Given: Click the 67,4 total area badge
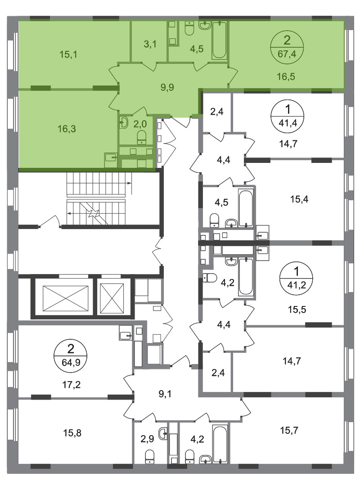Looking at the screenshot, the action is (x=287, y=47).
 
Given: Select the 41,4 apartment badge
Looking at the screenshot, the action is (x=288, y=116).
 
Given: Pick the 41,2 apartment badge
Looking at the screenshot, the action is (x=296, y=278).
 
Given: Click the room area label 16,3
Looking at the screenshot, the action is (x=67, y=128).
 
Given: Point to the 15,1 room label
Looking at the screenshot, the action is (x=68, y=54).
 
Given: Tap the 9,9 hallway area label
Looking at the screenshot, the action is (x=167, y=87).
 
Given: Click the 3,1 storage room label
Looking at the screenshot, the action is (x=150, y=44).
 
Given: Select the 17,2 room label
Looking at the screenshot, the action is (x=71, y=385).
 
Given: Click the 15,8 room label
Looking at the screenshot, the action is (x=72, y=433).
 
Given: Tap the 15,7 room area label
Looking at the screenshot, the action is (x=289, y=430).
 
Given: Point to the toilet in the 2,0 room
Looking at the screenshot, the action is (x=142, y=137).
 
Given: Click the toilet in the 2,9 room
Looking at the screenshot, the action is (x=150, y=457).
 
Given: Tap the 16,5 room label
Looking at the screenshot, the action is (x=286, y=76).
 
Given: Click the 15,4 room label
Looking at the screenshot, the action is (x=299, y=199).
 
